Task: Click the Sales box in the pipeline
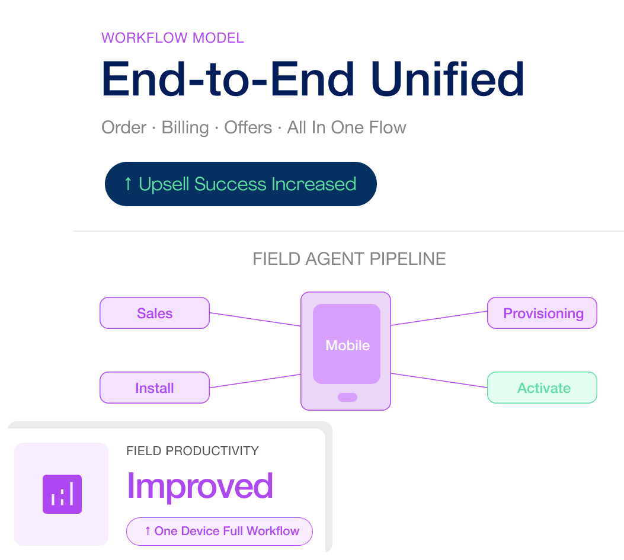(155, 313)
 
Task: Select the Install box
(155, 388)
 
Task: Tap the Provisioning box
(542, 313)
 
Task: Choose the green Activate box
(542, 388)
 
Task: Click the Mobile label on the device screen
(347, 345)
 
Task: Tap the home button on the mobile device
(347, 397)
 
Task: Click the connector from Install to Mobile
(255, 381)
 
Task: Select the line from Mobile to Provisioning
(439, 318)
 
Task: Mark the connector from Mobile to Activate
(439, 380)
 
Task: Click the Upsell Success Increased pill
(241, 184)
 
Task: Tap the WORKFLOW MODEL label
(172, 38)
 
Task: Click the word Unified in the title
(447, 79)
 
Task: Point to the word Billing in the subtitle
(185, 128)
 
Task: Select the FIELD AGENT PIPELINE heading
(349, 259)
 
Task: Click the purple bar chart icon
(62, 494)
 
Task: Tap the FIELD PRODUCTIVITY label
(193, 451)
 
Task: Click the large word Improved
(200, 487)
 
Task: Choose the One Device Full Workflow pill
(220, 531)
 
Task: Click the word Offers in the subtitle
(248, 128)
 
